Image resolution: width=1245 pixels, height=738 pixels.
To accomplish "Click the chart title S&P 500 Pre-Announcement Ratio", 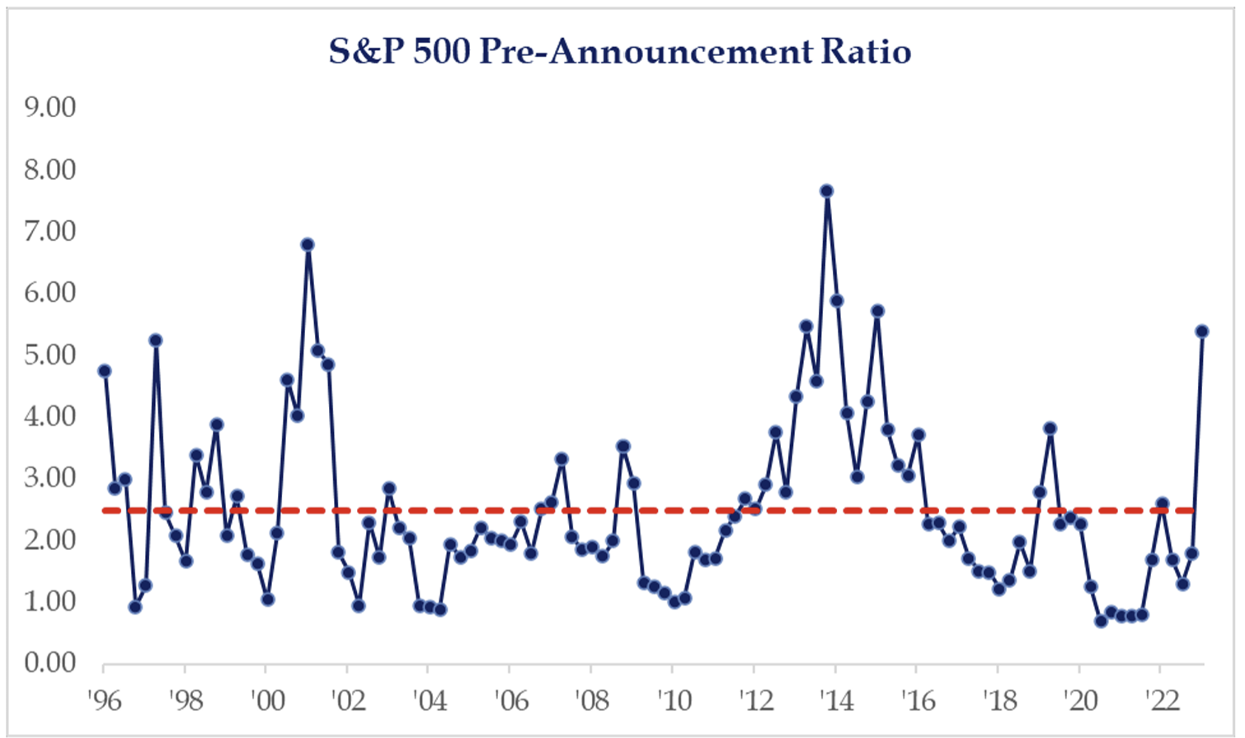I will [x=620, y=51].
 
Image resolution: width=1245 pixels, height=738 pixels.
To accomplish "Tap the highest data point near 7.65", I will [x=826, y=191].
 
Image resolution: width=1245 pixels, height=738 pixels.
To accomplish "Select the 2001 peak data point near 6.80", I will [x=308, y=244].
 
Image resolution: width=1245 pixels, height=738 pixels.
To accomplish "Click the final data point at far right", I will [x=1201, y=331].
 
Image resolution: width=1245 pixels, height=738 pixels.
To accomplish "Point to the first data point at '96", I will [x=104, y=371].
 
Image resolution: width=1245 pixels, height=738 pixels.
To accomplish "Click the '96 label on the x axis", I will [x=104, y=701].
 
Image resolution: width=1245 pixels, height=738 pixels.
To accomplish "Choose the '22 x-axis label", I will [x=1160, y=701].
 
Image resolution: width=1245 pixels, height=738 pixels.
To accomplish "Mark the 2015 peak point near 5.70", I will [x=877, y=311].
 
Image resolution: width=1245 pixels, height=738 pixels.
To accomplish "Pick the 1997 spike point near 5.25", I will [x=155, y=340].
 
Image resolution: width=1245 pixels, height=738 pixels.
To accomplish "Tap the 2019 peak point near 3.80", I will [x=1050, y=428].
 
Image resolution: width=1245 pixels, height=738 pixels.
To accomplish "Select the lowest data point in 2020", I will [x=1101, y=621].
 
